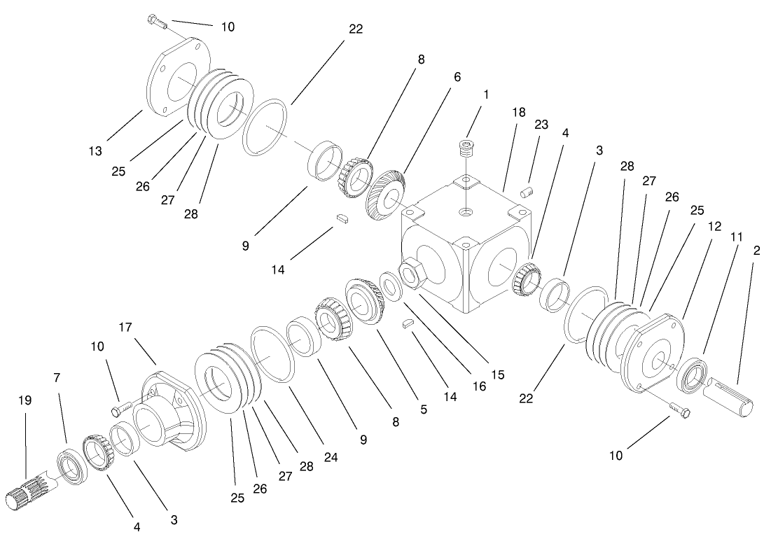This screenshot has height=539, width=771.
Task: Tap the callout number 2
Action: point(757,249)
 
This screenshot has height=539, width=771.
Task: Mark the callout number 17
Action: point(125,327)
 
